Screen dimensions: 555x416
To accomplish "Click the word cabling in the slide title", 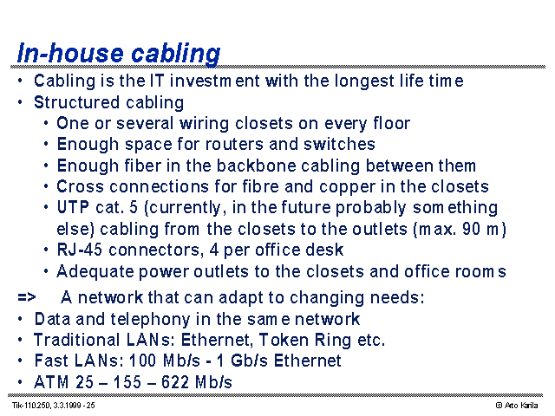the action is coord(175,54).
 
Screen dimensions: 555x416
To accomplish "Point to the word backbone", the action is coord(257,166).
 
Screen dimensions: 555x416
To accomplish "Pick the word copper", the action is coord(347,187).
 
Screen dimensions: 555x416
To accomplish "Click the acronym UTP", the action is coord(73,207).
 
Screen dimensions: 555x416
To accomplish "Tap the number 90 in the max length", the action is coord(471,229).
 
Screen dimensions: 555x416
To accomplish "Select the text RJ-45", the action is coord(80,250).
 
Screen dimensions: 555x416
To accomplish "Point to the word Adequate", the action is coord(95,271).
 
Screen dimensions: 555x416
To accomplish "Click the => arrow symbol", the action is coord(27,297).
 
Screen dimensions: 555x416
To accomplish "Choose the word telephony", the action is coord(150,320).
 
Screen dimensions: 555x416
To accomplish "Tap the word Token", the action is coord(284,340).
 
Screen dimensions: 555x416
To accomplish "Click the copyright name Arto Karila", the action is coord(521,406).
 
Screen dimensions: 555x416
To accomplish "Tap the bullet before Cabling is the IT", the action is coord(20,81).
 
